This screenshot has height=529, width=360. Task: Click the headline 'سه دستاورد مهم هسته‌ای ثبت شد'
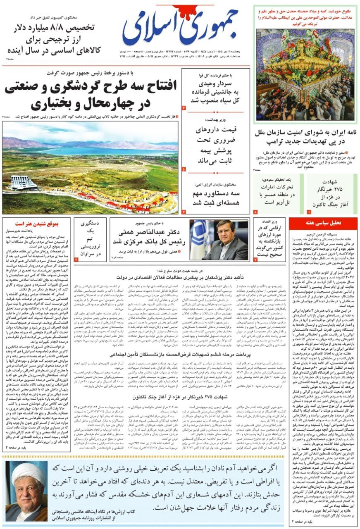point(216,198)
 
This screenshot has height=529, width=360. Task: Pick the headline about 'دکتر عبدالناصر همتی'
point(150,236)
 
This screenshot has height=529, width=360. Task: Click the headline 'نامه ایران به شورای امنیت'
point(306,137)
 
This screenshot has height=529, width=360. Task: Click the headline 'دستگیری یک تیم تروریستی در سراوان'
point(89,239)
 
